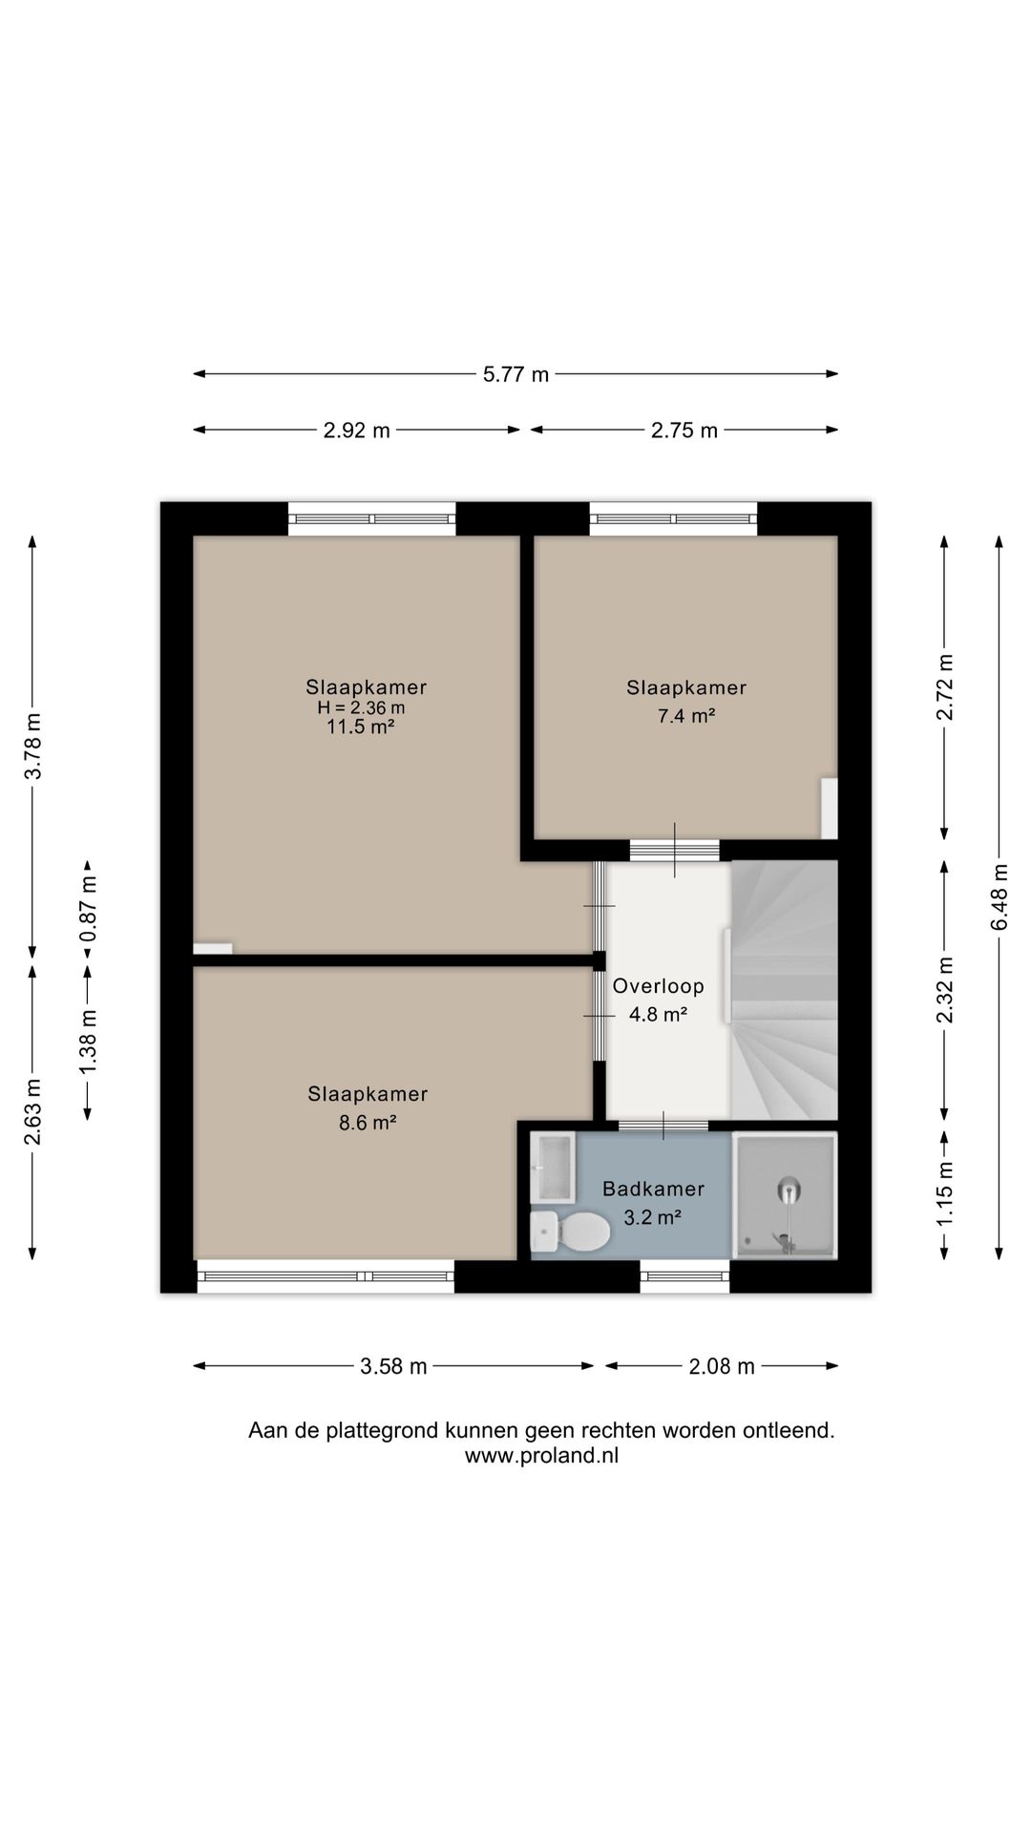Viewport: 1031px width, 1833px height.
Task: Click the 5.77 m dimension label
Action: [x=515, y=374]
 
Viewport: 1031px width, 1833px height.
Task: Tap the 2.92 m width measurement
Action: [x=356, y=431]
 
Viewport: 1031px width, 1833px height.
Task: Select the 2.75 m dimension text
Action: [x=684, y=431]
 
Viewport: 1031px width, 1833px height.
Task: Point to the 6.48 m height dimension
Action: [x=999, y=896]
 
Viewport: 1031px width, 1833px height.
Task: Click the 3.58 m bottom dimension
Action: [x=393, y=1366]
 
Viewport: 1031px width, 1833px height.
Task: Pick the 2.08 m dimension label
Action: [x=722, y=1366]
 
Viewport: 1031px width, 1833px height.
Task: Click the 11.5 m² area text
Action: [x=361, y=727]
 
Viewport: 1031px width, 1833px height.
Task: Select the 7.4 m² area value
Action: [x=686, y=716]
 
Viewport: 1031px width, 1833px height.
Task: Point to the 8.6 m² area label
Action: [x=368, y=1123]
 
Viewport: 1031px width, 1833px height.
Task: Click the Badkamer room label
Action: [x=653, y=1189]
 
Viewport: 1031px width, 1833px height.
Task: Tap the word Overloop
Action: [x=659, y=986]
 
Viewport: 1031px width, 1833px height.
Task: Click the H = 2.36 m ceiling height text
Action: [x=361, y=707]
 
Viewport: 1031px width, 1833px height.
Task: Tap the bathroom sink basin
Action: [x=552, y=1167]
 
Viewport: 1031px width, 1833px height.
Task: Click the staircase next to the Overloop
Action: [x=784, y=990]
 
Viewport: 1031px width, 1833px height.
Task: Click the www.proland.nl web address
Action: [x=541, y=1456]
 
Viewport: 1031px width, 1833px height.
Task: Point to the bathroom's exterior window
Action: [x=684, y=1276]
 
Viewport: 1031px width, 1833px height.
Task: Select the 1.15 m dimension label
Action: [x=944, y=1194]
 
